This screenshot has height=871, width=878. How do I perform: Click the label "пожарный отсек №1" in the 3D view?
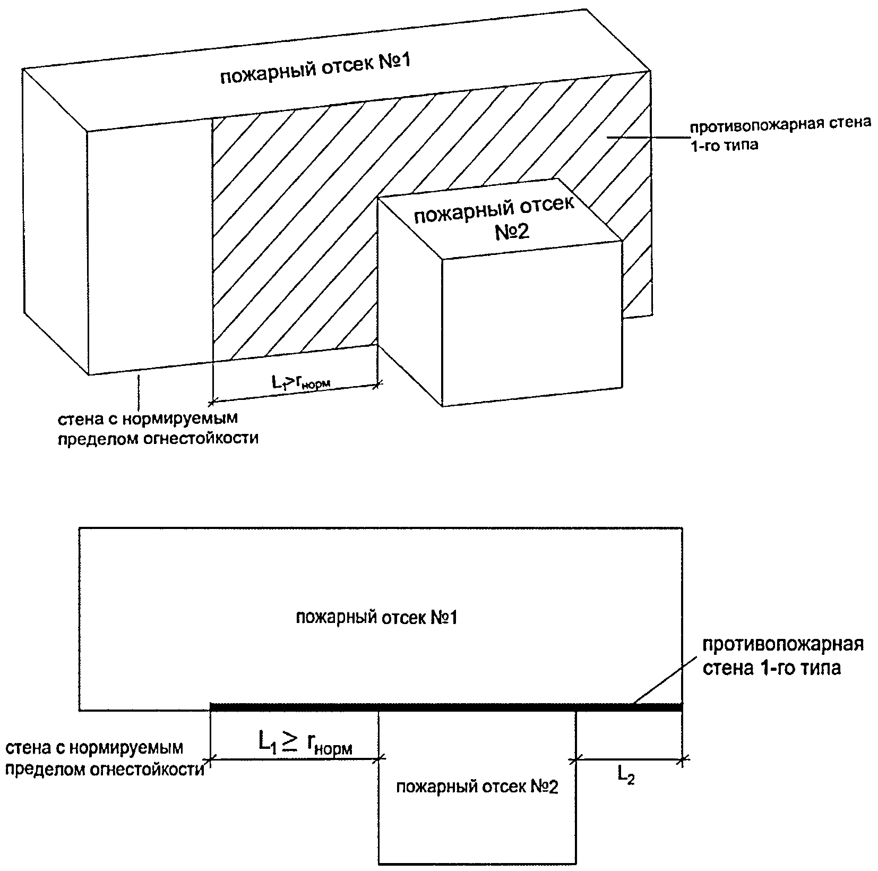pyautogui.click(x=316, y=70)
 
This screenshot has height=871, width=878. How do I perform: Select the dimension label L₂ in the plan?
pyautogui.click(x=626, y=776)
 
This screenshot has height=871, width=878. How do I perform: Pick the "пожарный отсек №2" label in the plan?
pyautogui.click(x=477, y=787)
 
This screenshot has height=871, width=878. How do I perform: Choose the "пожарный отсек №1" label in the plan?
pyautogui.click(x=376, y=618)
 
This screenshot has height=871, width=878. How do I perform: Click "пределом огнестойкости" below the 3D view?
pyautogui.click(x=158, y=439)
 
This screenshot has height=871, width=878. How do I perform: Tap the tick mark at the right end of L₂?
pyautogui.click(x=682, y=761)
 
